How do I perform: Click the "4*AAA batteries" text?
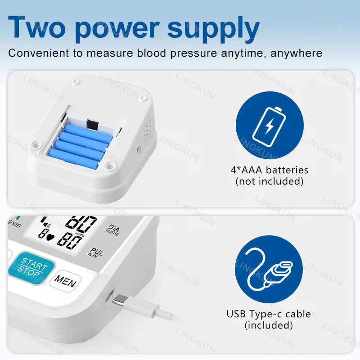(269, 170)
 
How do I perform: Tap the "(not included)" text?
(269, 181)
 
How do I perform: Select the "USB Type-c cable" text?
(269, 314)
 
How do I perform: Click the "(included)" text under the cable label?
(269, 325)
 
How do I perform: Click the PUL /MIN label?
(96, 252)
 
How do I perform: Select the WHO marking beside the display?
(15, 224)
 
